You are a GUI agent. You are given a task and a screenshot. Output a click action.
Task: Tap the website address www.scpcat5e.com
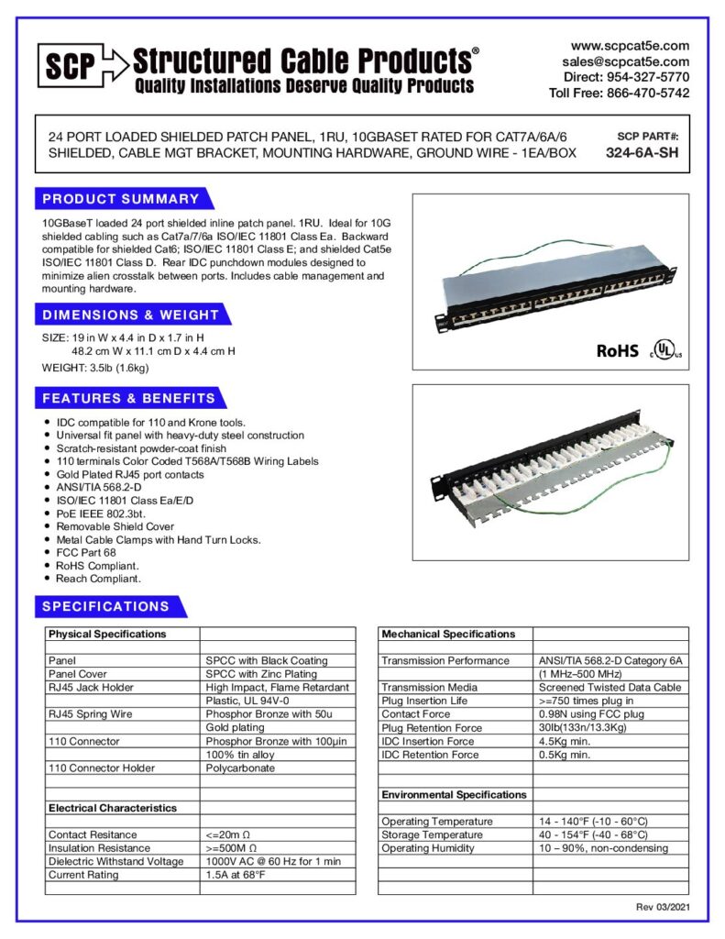coord(630,46)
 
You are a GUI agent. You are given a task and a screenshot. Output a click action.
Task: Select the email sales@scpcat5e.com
coord(626,61)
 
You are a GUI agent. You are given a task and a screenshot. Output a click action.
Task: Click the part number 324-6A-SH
coord(642,153)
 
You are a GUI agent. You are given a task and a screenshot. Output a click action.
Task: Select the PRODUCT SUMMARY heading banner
coord(121,199)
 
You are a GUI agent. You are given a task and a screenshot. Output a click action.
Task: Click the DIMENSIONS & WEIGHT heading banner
coord(131,315)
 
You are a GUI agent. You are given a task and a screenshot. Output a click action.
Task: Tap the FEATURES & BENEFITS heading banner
coord(129,398)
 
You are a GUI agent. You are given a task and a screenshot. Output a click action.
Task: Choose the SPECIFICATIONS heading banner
coord(106,606)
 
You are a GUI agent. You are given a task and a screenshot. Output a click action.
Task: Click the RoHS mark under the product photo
coord(617,350)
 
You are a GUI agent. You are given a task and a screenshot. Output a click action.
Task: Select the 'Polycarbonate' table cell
coord(240,768)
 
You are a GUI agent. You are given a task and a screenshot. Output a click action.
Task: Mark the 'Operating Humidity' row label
coord(428,848)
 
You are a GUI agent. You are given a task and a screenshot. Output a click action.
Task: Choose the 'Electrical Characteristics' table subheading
coord(113,808)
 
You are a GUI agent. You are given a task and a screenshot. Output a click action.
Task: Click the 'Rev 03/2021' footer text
coord(663,907)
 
